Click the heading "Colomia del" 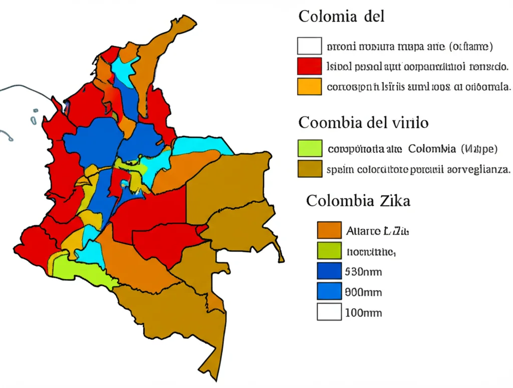341,16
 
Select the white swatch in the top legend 309,46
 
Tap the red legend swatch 309,66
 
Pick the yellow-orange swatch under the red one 309,86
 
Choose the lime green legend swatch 309,149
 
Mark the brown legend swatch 309,169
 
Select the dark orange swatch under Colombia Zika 329,230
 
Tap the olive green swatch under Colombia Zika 329,250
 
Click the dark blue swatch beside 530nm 329,271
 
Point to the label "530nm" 364,272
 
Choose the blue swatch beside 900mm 329,291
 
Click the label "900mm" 364,292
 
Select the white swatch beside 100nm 329,312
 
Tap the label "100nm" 364,313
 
